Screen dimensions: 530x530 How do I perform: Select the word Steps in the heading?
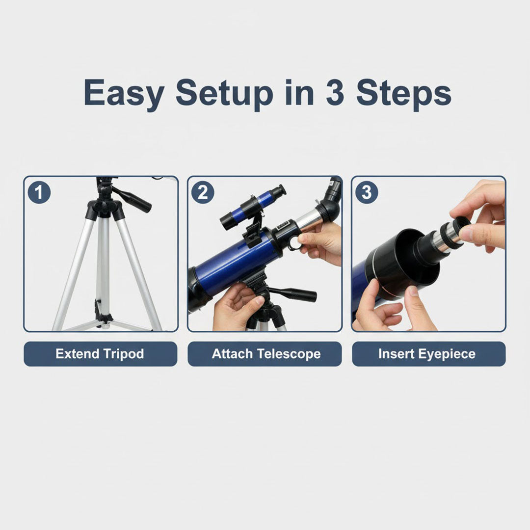(403, 93)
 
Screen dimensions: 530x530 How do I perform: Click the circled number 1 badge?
(39, 192)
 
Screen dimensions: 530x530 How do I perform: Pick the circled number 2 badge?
(202, 192)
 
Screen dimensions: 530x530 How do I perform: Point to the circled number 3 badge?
(367, 192)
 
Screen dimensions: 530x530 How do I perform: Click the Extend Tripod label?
(100, 354)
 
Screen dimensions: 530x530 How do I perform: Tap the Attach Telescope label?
(265, 354)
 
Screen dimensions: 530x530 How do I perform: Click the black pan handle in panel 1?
(133, 199)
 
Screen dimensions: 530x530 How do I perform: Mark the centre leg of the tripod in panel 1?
(104, 265)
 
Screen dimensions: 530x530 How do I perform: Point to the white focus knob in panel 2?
(294, 243)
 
